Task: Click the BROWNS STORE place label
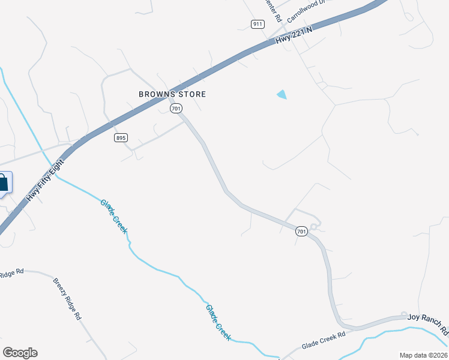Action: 172,94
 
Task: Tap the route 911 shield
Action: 258,24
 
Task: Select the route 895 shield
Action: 121,137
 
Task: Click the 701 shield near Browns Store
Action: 175,108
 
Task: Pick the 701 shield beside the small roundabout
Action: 301,231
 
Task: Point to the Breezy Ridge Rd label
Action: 67,299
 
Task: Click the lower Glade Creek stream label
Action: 218,323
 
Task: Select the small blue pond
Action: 282,94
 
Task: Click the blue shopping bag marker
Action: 3,183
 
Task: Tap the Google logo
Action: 20,352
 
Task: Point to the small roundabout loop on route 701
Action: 315,226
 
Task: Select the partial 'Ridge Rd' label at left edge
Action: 11,273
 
